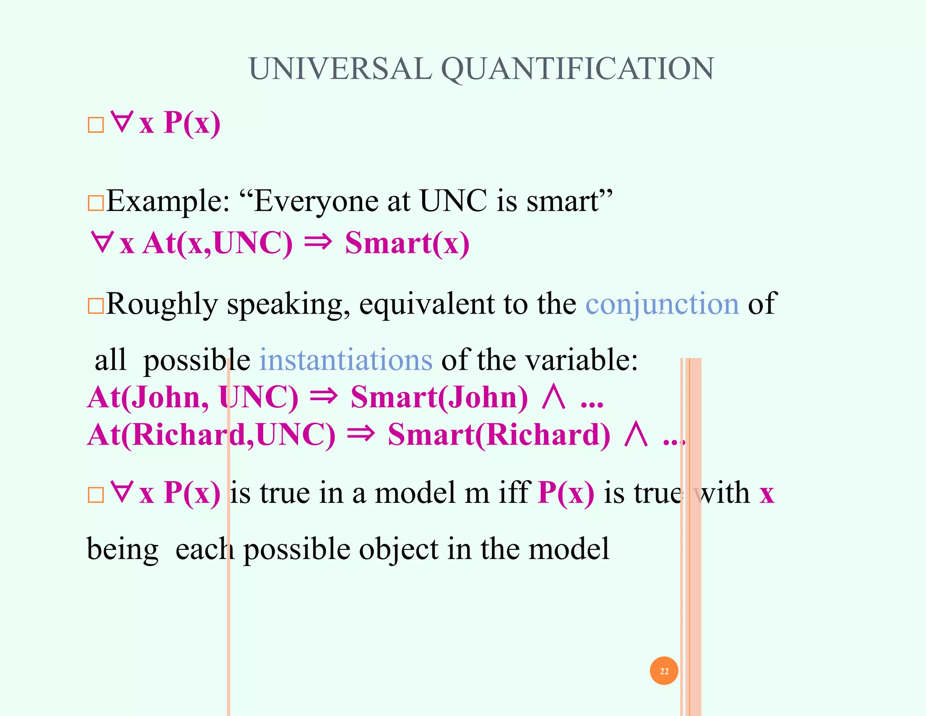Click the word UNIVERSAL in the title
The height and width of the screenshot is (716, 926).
(340, 69)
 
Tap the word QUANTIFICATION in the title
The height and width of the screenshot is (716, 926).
(577, 70)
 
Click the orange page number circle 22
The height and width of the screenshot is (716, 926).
(664, 671)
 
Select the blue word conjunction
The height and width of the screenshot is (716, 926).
(662, 304)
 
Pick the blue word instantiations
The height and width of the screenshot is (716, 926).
(346, 360)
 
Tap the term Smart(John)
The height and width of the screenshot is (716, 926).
(439, 397)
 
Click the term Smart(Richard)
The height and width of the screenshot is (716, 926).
(499, 435)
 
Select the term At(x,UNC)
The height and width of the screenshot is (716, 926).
(217, 243)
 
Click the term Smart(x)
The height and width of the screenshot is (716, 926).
(407, 243)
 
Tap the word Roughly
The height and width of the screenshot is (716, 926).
(162, 304)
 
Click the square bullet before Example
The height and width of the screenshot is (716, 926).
(95, 203)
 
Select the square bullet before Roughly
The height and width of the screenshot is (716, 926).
(95, 306)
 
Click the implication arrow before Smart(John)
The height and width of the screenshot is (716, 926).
(323, 396)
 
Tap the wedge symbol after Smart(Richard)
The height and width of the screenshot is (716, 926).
(636, 434)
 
